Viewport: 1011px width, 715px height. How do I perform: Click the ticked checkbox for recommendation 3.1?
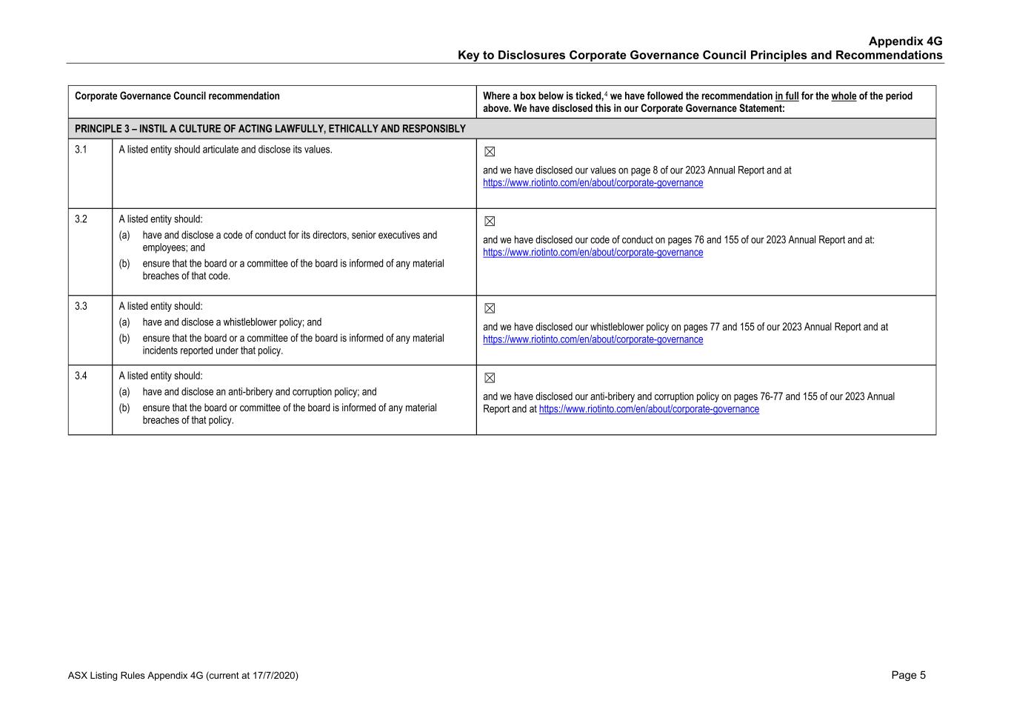point(490,152)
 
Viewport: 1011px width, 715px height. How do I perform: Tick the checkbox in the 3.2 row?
point(490,222)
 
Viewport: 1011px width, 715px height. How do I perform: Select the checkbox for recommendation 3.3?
point(490,309)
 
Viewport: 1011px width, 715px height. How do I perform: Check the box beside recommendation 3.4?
point(490,379)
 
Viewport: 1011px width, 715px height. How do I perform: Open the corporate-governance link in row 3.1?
point(593,183)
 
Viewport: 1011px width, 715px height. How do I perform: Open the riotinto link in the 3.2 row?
point(593,253)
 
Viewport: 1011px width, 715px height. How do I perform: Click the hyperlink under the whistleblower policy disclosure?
point(593,340)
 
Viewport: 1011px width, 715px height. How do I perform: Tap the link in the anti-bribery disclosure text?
point(649,410)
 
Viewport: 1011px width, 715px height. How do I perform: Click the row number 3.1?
point(81,150)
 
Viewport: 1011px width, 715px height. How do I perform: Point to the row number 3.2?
point(81,219)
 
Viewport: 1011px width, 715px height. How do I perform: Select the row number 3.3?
point(81,307)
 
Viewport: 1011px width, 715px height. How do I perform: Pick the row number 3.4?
point(81,376)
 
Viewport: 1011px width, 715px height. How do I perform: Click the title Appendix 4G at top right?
point(905,41)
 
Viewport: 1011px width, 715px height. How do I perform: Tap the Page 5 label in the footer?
point(908,675)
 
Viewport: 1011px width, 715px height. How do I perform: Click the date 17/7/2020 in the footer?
point(273,676)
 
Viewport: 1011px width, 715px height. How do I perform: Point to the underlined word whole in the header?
point(844,96)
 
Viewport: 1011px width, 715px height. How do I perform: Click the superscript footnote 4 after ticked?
point(606,94)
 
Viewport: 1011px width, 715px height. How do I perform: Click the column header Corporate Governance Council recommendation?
point(177,96)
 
